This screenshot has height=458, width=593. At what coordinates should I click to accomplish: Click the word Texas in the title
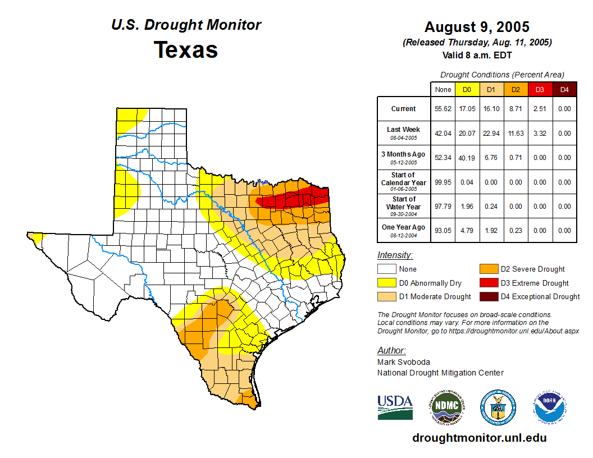pyautogui.click(x=186, y=50)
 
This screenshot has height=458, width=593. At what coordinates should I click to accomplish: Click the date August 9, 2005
pyautogui.click(x=477, y=27)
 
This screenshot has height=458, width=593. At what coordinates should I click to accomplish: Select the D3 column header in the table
pyautogui.click(x=539, y=89)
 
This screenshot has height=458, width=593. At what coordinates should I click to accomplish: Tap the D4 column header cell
pyautogui.click(x=564, y=89)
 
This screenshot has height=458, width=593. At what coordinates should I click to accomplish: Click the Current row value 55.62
pyautogui.click(x=443, y=109)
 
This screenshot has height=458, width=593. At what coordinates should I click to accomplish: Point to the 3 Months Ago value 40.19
pyautogui.click(x=467, y=158)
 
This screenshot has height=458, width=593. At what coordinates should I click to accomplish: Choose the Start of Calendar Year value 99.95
pyautogui.click(x=443, y=182)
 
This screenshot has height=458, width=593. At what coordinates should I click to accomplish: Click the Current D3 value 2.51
pyautogui.click(x=539, y=109)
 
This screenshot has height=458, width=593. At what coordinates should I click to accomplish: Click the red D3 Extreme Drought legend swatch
pyautogui.click(x=488, y=283)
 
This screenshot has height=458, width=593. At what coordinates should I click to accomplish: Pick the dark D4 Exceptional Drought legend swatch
pyautogui.click(x=488, y=296)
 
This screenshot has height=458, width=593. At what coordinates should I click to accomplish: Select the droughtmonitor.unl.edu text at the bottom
pyautogui.click(x=479, y=438)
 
